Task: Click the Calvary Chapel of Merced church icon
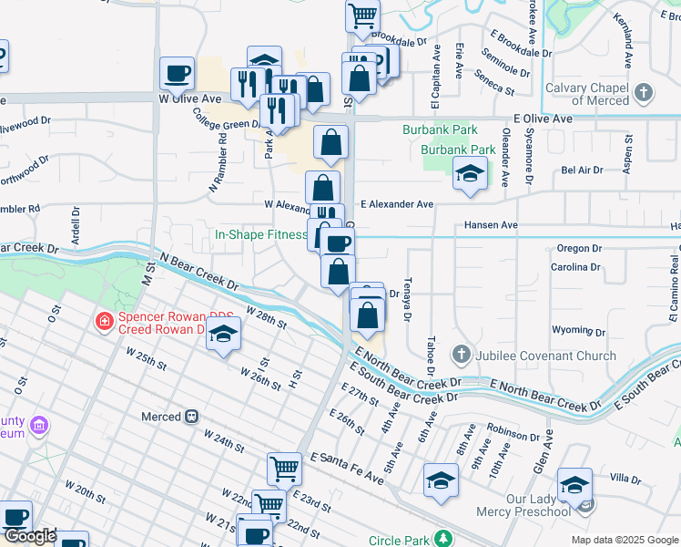click(644, 93)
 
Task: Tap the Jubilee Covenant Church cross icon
click(462, 354)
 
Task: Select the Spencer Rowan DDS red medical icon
click(105, 321)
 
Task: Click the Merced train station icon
click(192, 417)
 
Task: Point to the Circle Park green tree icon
click(442, 538)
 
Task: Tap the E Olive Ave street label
click(543, 119)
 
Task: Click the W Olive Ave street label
click(190, 98)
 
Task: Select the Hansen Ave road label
click(490, 225)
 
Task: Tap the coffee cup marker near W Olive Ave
click(177, 72)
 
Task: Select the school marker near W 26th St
click(223, 335)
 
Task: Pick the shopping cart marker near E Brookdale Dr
click(362, 16)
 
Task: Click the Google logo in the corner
click(30, 536)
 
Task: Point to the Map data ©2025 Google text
click(625, 540)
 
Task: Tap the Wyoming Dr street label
click(574, 329)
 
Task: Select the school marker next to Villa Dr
click(575, 485)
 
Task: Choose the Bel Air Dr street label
click(582, 170)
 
